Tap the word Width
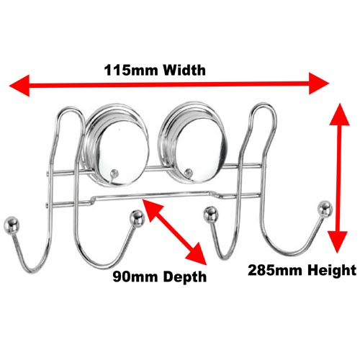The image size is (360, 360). pyautogui.click(x=184, y=71)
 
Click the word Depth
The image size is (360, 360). pyautogui.click(x=185, y=277)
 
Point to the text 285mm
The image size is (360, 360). pyautogui.click(x=275, y=270)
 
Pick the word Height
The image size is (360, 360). pyautogui.click(x=332, y=271)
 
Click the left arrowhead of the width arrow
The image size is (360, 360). pyautogui.click(x=19, y=86)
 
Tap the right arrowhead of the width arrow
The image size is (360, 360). pyautogui.click(x=319, y=84)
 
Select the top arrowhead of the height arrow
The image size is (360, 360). pyautogui.click(x=339, y=114)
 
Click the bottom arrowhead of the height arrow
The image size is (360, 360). pyautogui.click(x=338, y=242)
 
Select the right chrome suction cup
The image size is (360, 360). pyautogui.click(x=193, y=142)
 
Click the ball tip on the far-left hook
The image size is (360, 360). pyautogui.click(x=12, y=225)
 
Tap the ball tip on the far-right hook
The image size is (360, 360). pyautogui.click(x=325, y=209)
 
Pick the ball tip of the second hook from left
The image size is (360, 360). pyautogui.click(x=137, y=218)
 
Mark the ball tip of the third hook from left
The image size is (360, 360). pyautogui.click(x=211, y=215)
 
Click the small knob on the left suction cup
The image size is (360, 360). pyautogui.click(x=114, y=174)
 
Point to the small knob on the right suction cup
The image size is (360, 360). pyautogui.click(x=189, y=172)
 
